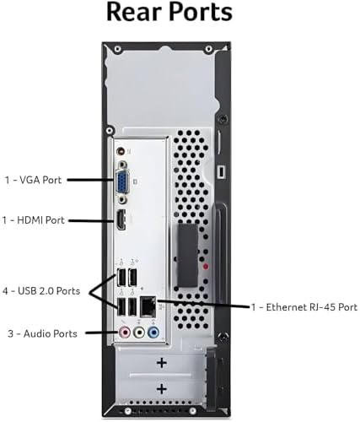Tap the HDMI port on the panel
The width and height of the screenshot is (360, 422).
pyautogui.click(x=121, y=220)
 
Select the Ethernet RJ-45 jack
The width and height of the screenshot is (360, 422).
pyautogui.click(x=148, y=306)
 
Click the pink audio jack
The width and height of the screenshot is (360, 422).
pyautogui.click(x=125, y=333)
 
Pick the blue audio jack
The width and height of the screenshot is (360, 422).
pyautogui.click(x=153, y=333)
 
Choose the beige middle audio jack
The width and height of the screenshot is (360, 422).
pyautogui.click(x=139, y=333)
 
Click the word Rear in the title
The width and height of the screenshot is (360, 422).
pyautogui.click(x=135, y=12)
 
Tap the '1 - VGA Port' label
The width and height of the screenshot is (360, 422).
pyautogui.click(x=33, y=180)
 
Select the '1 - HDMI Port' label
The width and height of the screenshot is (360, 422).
pyautogui.click(x=34, y=220)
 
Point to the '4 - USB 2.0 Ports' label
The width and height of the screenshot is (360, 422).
pyautogui.click(x=41, y=291)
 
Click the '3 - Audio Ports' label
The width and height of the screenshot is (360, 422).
pyautogui.click(x=42, y=333)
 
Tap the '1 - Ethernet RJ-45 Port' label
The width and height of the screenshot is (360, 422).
pyautogui.click(x=304, y=307)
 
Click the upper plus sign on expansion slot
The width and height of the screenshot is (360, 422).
pyautogui.click(x=162, y=363)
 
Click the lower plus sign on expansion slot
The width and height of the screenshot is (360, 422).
pyautogui.click(x=162, y=389)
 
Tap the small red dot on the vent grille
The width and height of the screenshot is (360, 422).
pyautogui.click(x=206, y=266)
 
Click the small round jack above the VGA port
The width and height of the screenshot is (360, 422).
pyautogui.click(x=121, y=151)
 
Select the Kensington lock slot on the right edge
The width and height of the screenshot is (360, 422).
pyautogui.click(x=222, y=171)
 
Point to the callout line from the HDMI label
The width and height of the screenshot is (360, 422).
pyautogui.click(x=91, y=220)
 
